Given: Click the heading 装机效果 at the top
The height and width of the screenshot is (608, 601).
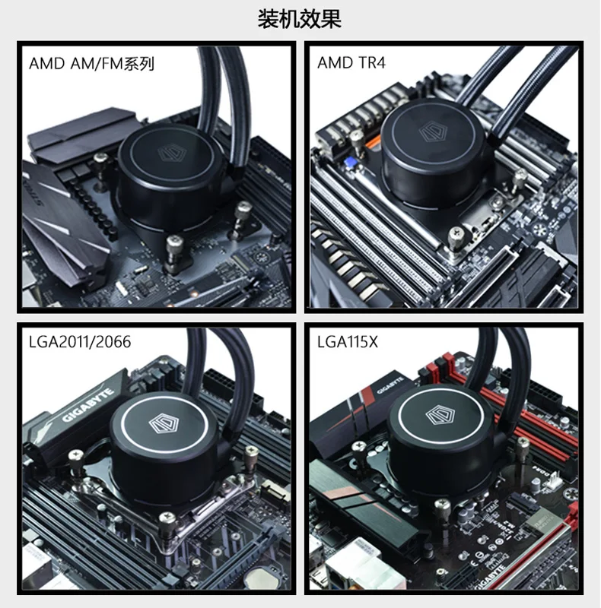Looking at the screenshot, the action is pyautogui.click(x=300, y=20).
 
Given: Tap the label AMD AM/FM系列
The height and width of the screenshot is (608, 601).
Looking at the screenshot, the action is pyautogui.click(x=91, y=64).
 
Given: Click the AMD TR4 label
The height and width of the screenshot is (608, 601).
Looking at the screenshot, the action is pyautogui.click(x=351, y=62).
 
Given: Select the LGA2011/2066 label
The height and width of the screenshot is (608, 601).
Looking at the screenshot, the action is pyautogui.click(x=80, y=342).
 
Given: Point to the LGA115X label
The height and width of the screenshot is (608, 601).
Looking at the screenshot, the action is pyautogui.click(x=348, y=342).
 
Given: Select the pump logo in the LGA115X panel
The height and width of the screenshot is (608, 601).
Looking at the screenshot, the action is pyautogui.click(x=440, y=415).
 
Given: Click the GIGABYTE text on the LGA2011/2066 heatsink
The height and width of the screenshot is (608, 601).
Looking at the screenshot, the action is pyautogui.click(x=89, y=404).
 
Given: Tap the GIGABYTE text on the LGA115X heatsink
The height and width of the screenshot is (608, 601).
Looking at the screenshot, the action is pyautogui.click(x=390, y=385).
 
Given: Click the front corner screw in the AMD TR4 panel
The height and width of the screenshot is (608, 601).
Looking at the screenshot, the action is pyautogui.click(x=456, y=236).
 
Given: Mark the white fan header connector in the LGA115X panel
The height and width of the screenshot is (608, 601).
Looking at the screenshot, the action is pyautogui.click(x=554, y=481).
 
